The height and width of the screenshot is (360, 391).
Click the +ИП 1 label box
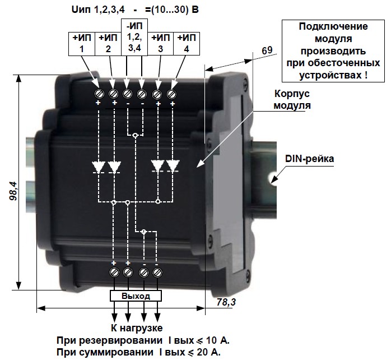click(x=82, y=43)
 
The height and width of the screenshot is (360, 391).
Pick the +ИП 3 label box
click(x=160, y=43)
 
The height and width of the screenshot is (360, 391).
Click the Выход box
click(x=136, y=296)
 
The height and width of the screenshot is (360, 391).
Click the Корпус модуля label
click(x=290, y=99)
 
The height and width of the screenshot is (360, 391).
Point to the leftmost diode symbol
click(x=99, y=167)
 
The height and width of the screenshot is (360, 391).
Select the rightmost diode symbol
click(x=172, y=166)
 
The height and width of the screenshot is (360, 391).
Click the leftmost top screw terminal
click(x=99, y=93)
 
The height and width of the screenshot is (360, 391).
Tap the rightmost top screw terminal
click(x=171, y=93)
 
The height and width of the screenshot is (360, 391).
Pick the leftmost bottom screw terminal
click(x=114, y=273)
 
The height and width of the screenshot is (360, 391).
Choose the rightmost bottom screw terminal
click(x=158, y=273)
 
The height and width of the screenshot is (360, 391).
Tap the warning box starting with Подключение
click(x=333, y=50)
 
